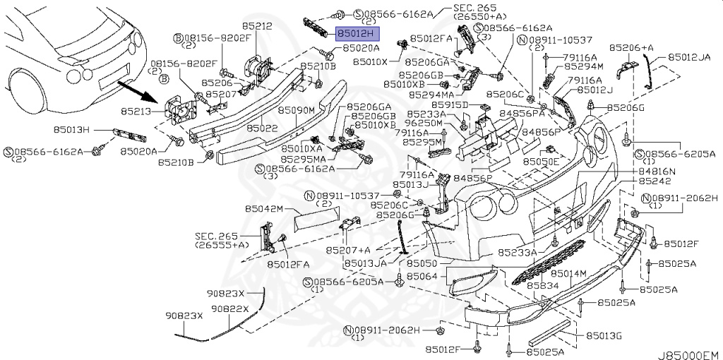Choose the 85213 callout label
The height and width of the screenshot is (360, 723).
(133, 111)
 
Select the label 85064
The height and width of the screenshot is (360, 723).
(422, 276)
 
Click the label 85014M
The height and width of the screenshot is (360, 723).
(568, 273)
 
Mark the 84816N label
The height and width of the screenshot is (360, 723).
(657, 172)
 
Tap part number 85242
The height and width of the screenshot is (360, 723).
(654, 181)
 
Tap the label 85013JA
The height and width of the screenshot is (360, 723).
(366, 263)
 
